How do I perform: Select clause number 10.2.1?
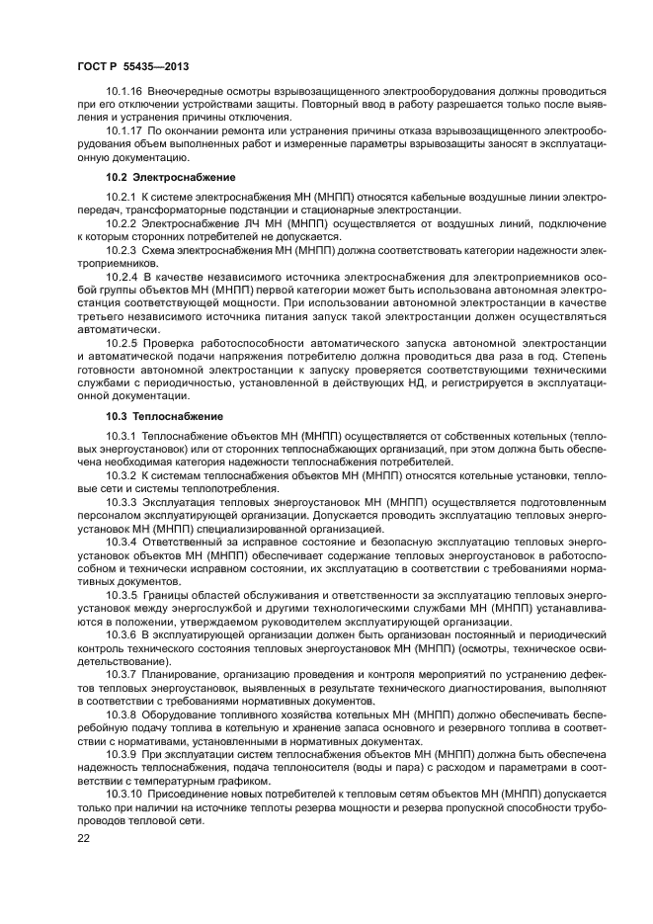pos(121,198)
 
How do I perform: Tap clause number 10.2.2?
pos(121,224)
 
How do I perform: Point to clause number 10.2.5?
pos(121,342)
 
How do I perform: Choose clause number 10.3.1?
pos(121,436)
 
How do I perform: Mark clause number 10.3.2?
pos(121,475)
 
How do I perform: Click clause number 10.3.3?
pos(121,502)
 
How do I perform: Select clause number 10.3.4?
pos(121,543)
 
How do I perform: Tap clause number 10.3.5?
pos(121,596)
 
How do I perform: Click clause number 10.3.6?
pos(121,635)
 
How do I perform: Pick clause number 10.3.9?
pos(121,754)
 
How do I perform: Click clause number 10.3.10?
pos(123,794)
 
